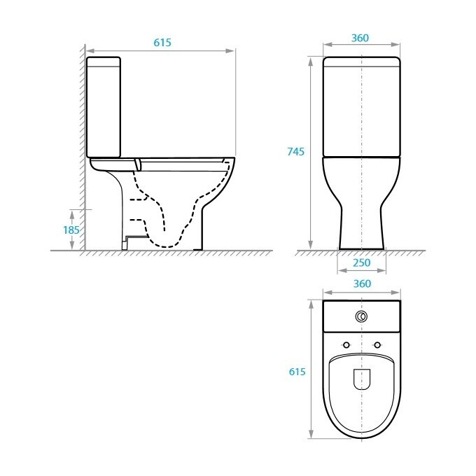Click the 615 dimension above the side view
pos(162,43)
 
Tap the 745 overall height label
pos(295,152)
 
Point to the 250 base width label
pos(362,263)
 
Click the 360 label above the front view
pos(361,37)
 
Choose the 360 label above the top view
pos(361,283)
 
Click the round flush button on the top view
pos(361,316)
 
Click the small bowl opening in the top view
pos(361,379)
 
